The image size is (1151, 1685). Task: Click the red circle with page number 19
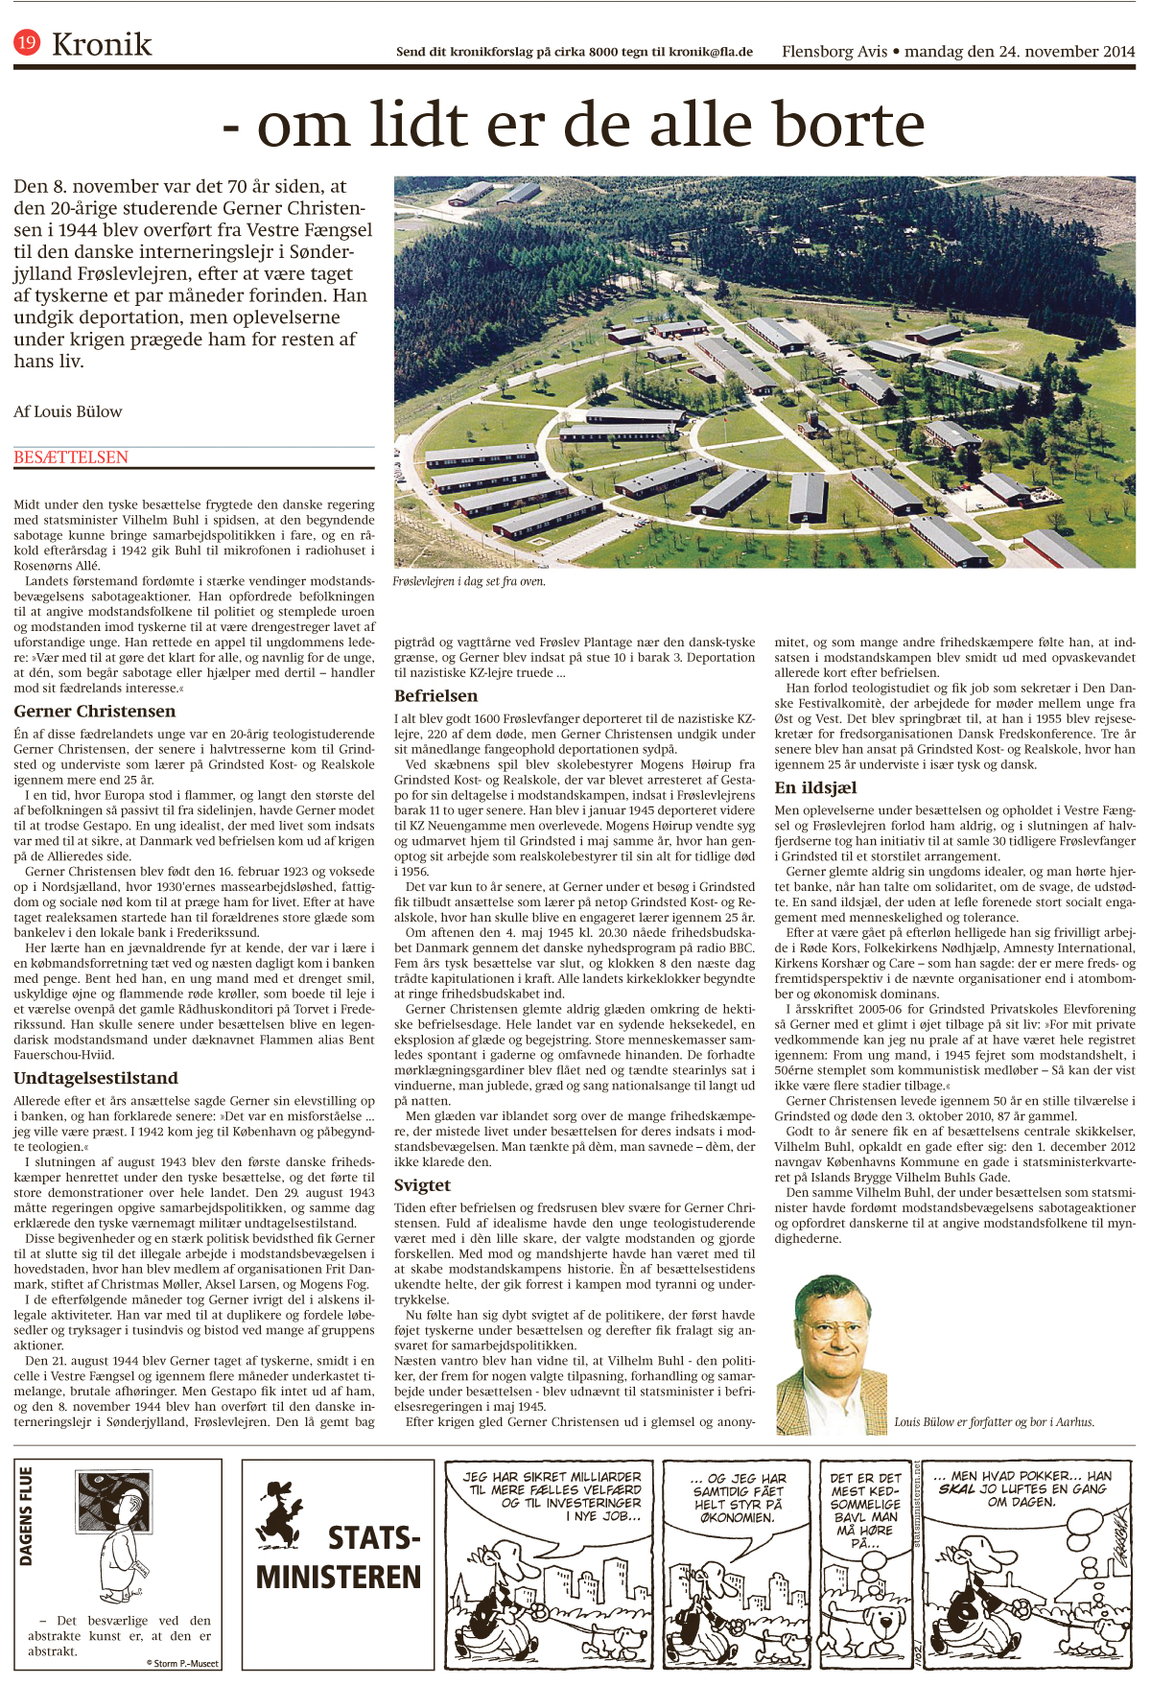point(27,42)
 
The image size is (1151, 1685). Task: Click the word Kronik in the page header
point(102,44)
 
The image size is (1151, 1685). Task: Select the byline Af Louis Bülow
point(68,411)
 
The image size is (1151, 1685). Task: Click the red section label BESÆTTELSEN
point(71,457)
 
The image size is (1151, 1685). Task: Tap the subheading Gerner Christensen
point(94,711)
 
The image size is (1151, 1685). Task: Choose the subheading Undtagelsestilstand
point(96,1078)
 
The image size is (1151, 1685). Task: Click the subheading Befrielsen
point(435,695)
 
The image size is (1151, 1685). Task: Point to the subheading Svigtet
point(422,1184)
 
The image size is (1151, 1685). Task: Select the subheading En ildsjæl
point(815,787)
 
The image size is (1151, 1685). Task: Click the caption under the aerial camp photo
point(469,581)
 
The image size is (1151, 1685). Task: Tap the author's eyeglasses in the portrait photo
point(828,1330)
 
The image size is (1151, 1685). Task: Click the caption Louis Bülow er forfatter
point(994,1422)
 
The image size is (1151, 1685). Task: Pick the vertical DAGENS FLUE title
point(26,1516)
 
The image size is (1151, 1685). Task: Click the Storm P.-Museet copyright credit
point(182,1663)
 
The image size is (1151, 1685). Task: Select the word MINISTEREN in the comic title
point(339,1577)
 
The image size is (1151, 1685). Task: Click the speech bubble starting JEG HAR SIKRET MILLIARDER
point(552,1495)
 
